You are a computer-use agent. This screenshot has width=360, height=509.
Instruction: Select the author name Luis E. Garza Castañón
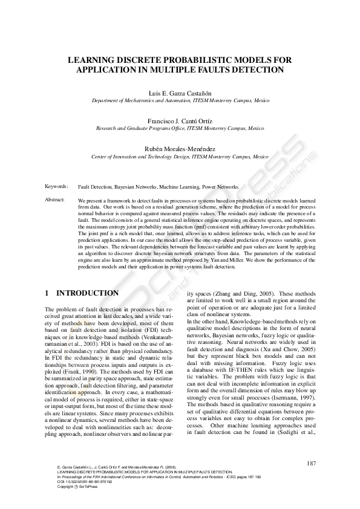(x=180, y=94)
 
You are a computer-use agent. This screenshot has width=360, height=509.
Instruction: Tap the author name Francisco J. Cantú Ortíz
(x=180, y=121)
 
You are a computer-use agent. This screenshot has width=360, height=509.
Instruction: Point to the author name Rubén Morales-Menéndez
(x=180, y=148)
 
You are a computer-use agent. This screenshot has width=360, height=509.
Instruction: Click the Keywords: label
(x=57, y=187)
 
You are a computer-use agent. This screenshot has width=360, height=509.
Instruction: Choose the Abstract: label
(x=56, y=199)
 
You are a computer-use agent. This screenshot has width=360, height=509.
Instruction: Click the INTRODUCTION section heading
(x=88, y=293)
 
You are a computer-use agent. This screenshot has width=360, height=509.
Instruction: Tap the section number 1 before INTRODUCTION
(x=47, y=293)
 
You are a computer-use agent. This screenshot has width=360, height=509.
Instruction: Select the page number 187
(x=311, y=463)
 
